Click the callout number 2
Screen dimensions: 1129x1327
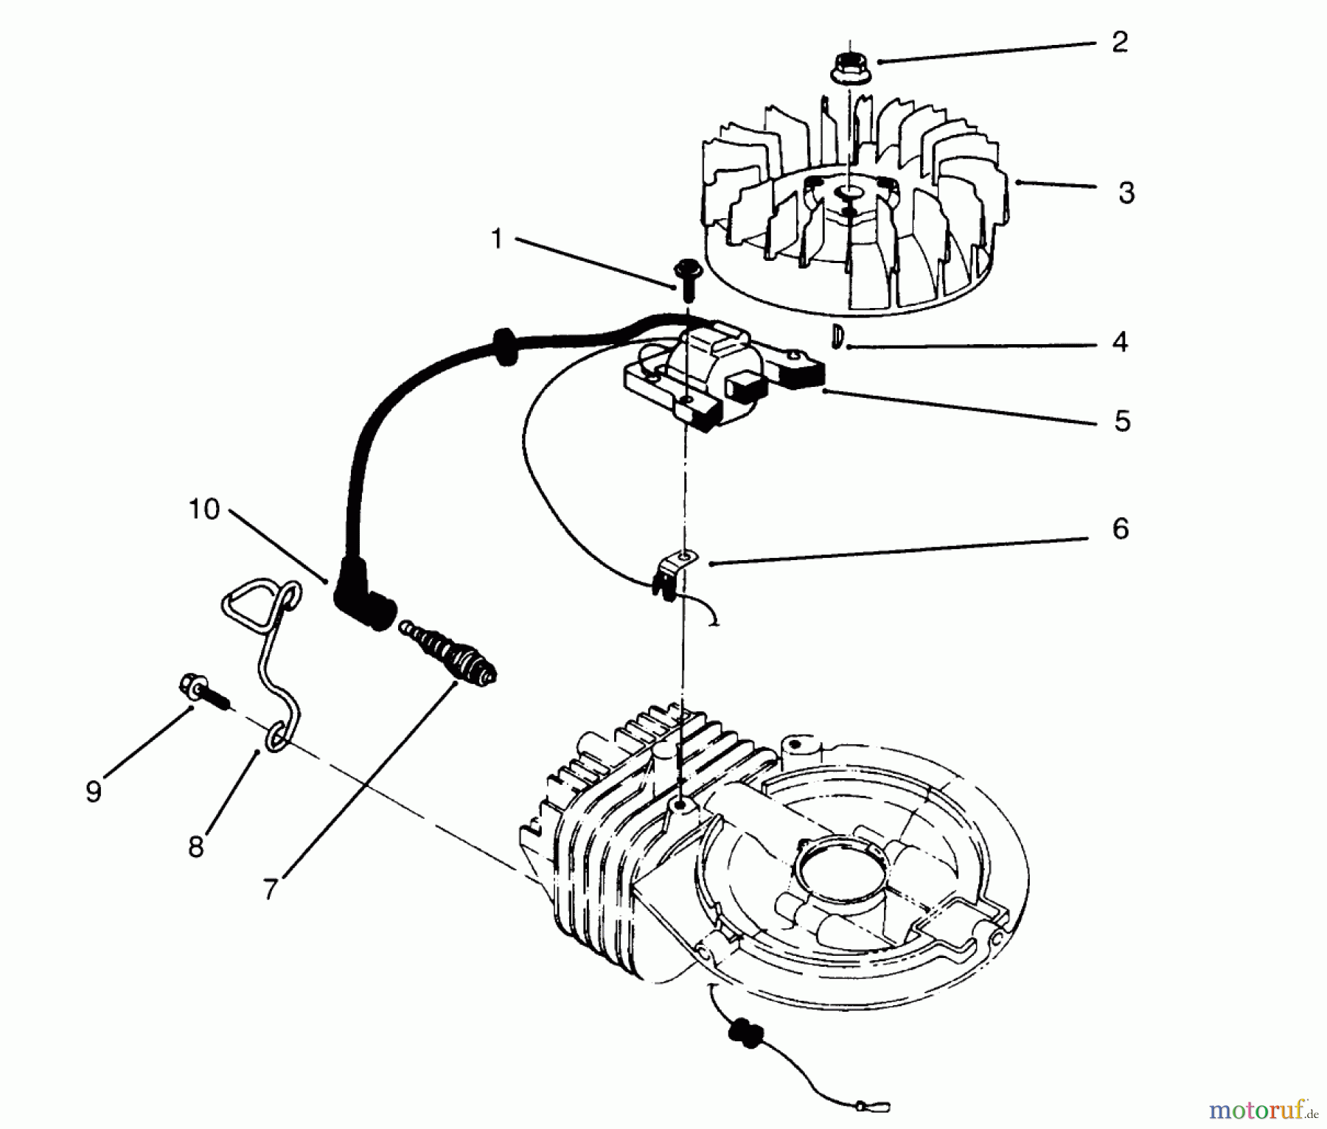point(1119,42)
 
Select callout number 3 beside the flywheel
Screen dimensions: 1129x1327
point(1126,193)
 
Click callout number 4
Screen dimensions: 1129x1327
point(1120,342)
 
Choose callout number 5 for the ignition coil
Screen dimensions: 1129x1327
point(1121,422)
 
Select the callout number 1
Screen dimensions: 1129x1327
point(497,239)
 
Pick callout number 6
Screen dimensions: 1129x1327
point(1120,528)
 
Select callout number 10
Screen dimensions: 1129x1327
point(204,509)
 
